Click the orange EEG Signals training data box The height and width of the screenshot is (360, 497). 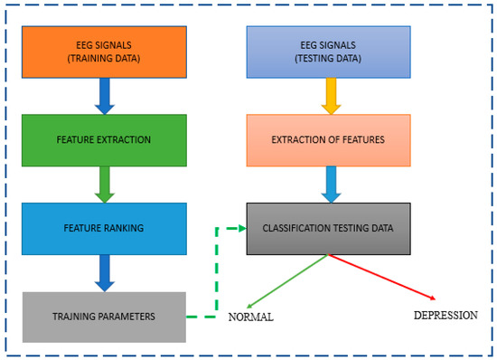point(104,51)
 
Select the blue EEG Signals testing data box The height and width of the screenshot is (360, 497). point(329,51)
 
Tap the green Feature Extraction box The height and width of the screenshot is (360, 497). point(104,140)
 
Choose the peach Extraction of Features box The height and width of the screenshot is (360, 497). point(329,140)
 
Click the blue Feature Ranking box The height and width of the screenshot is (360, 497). point(104,228)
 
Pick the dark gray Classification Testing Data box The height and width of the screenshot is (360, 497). point(329,228)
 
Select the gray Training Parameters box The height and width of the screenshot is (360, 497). point(104,317)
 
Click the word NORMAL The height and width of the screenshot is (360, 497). point(250,317)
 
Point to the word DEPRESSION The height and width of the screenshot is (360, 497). point(445,316)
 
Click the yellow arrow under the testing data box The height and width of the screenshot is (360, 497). point(330,96)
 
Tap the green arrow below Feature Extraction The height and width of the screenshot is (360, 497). point(105,185)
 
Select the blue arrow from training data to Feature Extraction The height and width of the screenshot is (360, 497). point(105,96)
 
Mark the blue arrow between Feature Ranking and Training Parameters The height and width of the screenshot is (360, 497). point(105,273)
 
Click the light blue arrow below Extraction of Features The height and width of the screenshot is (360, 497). point(330,185)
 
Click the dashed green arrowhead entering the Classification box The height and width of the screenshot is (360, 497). point(240,228)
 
